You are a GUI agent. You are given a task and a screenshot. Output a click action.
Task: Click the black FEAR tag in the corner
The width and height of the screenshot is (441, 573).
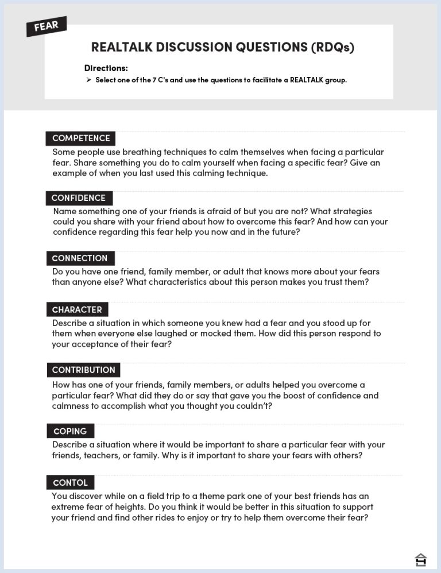[x=46, y=26]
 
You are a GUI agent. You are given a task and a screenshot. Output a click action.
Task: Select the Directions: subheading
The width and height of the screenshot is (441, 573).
[x=106, y=68]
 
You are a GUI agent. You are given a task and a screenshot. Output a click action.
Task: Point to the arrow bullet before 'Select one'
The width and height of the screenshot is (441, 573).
[x=89, y=80]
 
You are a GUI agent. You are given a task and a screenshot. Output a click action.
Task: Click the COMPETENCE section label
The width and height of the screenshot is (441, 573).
[x=81, y=138]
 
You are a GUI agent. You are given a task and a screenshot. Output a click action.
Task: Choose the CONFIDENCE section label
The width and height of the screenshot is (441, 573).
[x=79, y=198]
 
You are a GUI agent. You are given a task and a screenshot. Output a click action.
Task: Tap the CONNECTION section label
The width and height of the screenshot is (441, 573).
[x=80, y=258]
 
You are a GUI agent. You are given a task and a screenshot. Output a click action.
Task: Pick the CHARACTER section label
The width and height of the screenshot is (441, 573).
[x=77, y=309]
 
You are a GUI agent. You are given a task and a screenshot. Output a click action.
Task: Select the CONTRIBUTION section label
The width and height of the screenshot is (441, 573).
[x=84, y=370]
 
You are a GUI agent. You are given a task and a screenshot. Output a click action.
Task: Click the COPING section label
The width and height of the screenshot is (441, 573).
[x=70, y=431]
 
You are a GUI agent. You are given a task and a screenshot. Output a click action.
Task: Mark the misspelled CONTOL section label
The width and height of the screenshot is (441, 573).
[x=70, y=483]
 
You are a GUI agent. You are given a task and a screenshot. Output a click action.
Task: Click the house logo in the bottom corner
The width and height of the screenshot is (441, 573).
[x=421, y=559]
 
